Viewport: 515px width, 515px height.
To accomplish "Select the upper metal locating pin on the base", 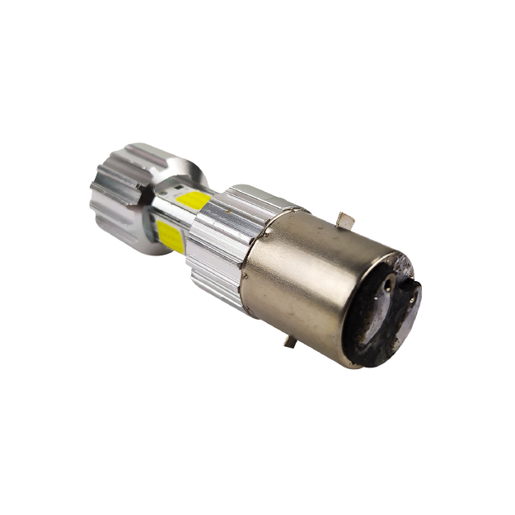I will click(346, 220).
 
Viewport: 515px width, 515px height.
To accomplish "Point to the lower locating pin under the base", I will click(290, 340).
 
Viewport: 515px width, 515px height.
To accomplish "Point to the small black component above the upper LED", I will click(177, 191).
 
